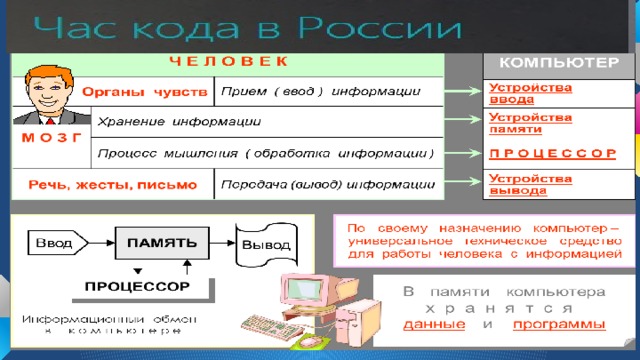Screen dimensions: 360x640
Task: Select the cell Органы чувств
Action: [145, 93]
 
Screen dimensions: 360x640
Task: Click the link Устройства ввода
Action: [517, 93]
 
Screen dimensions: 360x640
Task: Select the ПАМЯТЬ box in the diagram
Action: [162, 241]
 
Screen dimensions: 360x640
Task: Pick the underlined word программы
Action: [559, 325]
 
